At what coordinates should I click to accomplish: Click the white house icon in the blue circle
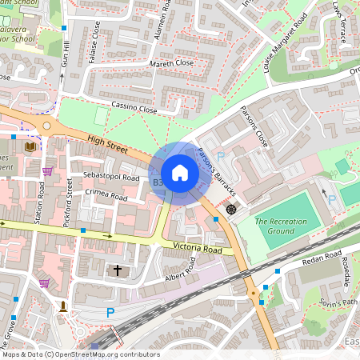[x=179, y=173]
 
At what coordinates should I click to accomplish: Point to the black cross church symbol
[x=118, y=271]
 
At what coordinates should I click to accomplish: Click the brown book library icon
[x=31, y=146]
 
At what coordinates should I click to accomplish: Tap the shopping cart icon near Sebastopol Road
[x=47, y=170]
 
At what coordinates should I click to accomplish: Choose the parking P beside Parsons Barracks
[x=220, y=157]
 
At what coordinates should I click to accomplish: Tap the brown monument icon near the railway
[x=62, y=306]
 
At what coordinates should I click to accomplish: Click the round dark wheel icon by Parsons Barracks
[x=231, y=209]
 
